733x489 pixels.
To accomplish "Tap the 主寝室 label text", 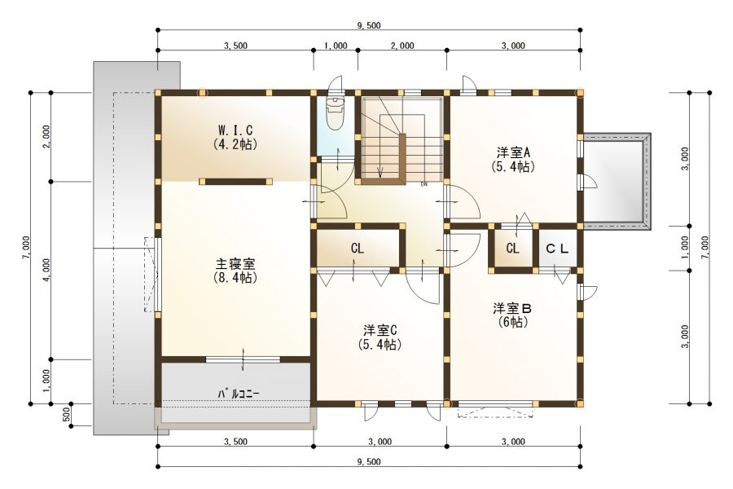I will click(235, 264).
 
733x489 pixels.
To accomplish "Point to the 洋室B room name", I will click(512, 308).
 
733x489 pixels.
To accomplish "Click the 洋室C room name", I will click(380, 330).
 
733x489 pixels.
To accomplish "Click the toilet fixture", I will click(335, 114).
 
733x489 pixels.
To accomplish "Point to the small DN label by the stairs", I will click(424, 184).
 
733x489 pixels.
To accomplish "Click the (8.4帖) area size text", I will click(235, 279).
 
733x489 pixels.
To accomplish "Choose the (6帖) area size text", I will click(512, 322).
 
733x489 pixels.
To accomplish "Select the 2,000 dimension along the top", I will click(402, 46).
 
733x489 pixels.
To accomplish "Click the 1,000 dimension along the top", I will click(335, 46).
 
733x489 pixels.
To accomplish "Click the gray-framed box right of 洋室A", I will click(617, 181).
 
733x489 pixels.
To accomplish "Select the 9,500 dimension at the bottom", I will click(368, 461).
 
